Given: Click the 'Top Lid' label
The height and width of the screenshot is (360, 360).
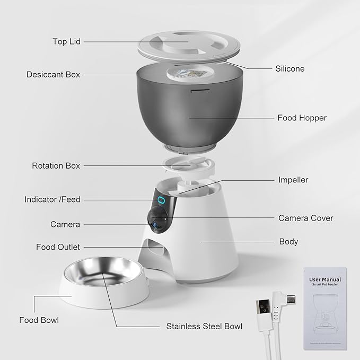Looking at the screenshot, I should (66, 41).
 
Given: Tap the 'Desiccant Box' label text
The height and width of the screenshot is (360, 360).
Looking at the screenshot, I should (53, 75).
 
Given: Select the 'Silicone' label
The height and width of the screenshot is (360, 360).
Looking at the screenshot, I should (290, 68).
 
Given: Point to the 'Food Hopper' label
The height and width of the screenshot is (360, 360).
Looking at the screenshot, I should (302, 118).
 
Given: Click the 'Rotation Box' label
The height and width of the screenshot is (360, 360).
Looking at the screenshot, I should (56, 166).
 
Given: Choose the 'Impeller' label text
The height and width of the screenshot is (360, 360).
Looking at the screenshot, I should (293, 180).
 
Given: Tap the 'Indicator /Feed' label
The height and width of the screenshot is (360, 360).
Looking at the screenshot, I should (52, 200).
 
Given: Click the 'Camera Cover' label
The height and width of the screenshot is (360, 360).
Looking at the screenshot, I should (306, 218).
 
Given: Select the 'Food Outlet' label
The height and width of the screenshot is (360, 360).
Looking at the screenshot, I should (58, 247).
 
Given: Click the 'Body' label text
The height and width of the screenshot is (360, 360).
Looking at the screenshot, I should (288, 242).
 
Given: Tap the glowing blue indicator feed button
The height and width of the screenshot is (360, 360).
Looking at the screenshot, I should (160, 200).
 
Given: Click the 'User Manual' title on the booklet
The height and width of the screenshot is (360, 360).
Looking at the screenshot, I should (325, 279).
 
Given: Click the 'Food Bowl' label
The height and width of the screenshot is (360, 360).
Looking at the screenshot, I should (39, 320).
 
